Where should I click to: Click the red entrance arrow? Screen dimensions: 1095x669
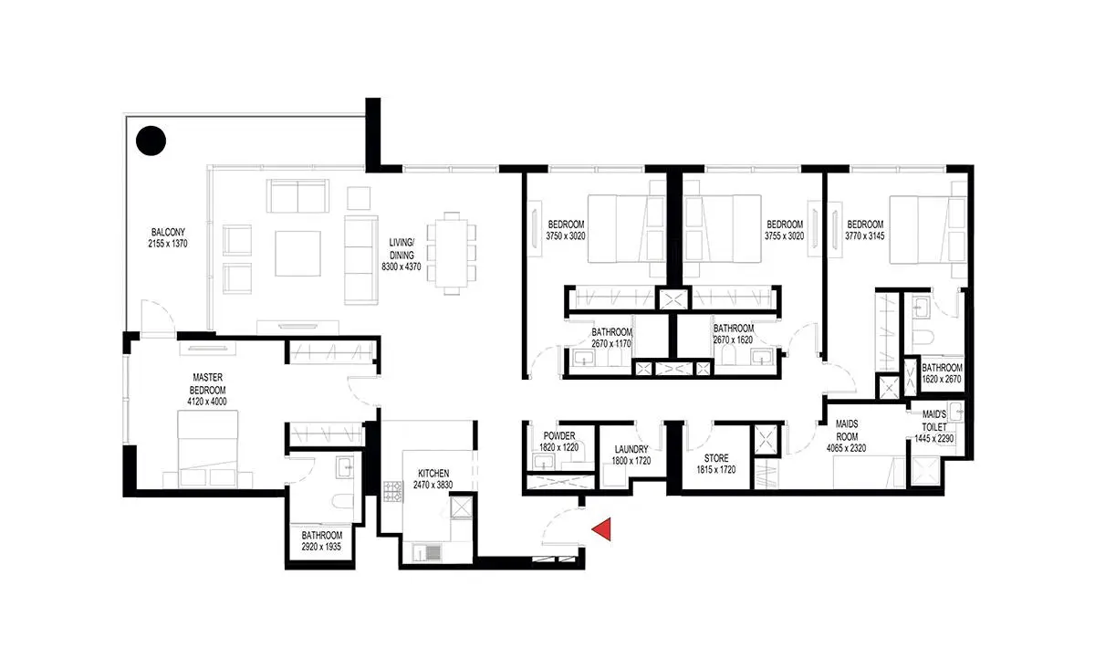(604, 528)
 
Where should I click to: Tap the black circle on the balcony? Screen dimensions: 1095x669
(151, 141)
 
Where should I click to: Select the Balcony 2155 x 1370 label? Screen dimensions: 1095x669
(168, 237)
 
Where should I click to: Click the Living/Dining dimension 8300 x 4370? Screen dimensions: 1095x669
(401, 267)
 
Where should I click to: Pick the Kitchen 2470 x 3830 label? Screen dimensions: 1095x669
(433, 479)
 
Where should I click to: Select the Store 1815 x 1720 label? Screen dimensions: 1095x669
(716, 464)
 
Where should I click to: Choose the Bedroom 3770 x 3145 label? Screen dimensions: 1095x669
(865, 230)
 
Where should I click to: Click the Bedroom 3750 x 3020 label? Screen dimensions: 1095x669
(566, 230)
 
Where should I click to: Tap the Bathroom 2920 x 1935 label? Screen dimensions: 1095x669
(321, 541)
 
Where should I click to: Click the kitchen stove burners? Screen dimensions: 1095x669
(393, 491)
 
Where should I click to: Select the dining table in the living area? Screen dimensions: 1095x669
(452, 254)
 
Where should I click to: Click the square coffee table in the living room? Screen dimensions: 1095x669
(297, 254)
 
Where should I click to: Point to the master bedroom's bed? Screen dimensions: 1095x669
(207, 449)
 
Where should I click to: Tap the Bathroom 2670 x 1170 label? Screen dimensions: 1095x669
(611, 338)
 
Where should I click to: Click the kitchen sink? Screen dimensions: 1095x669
(428, 553)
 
